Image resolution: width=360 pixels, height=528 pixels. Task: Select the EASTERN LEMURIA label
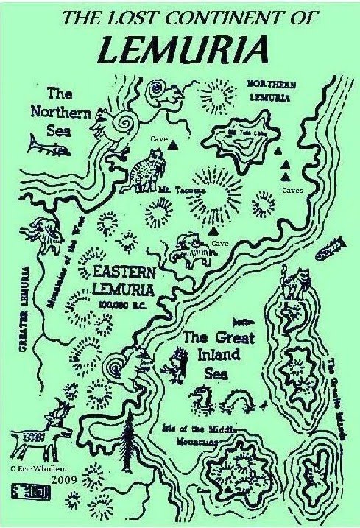point(124,279)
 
